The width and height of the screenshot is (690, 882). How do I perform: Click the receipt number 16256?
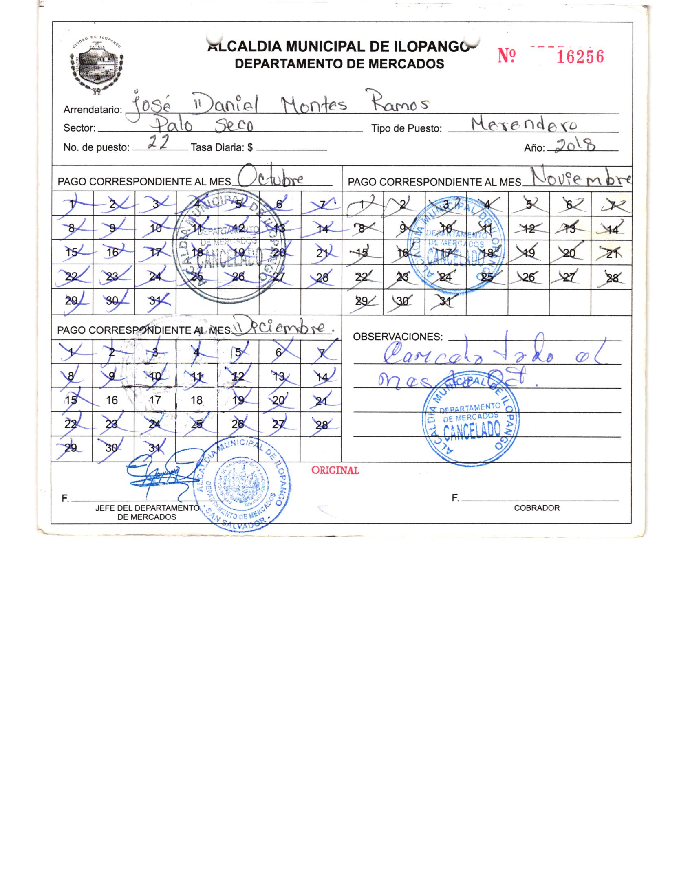pyautogui.click(x=580, y=57)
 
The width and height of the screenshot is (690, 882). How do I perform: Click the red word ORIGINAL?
pyautogui.click(x=335, y=471)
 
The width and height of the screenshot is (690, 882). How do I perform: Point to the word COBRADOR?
pyautogui.click(x=537, y=508)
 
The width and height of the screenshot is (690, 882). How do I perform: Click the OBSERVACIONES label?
pyautogui.click(x=398, y=337)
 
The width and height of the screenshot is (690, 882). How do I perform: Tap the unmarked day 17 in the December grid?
pyautogui.click(x=155, y=400)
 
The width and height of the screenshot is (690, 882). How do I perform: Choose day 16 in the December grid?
pyautogui.click(x=112, y=400)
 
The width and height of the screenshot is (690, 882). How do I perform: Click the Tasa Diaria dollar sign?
pyautogui.click(x=250, y=147)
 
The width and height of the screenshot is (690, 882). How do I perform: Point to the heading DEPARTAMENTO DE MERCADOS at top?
pyautogui.click(x=339, y=64)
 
